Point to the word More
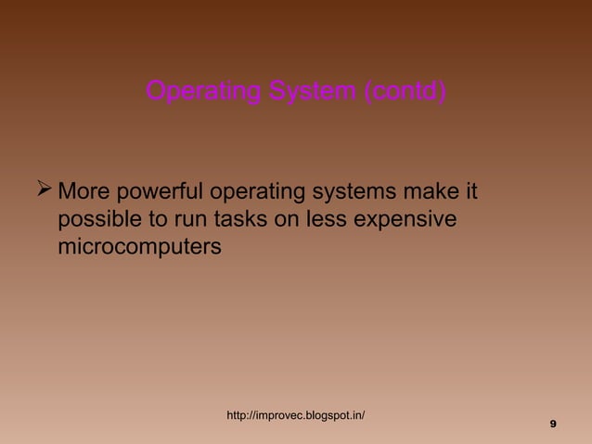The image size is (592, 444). click(x=85, y=194)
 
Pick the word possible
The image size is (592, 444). click(x=97, y=221)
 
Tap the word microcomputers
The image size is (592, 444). click(x=139, y=247)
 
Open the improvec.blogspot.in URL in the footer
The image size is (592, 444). click(x=296, y=414)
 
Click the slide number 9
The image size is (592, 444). click(x=553, y=424)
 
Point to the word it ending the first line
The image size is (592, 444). click(x=471, y=194)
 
